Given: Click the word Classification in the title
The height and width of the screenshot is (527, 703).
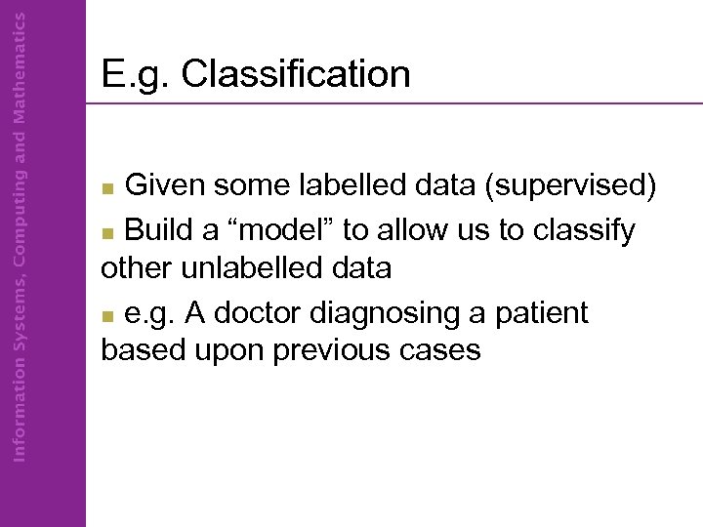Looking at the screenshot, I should pyautogui.click(x=296, y=74).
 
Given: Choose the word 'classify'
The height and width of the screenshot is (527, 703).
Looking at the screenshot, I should pyautogui.click(x=582, y=230).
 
